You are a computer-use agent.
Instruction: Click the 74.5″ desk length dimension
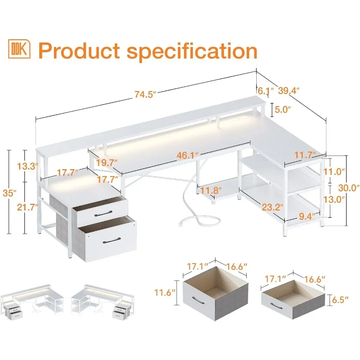145,95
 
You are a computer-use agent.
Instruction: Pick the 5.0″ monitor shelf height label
282,109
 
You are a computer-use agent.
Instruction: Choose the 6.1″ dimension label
263,91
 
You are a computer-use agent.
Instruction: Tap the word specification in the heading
193,51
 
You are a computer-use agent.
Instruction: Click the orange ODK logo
19,49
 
